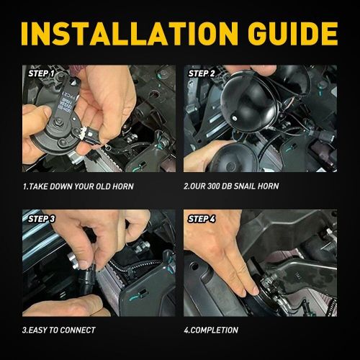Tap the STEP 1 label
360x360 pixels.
[x=41, y=73]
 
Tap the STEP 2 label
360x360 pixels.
[x=202, y=73]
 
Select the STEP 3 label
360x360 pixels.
[x=41, y=217]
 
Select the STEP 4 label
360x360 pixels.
[x=202, y=217]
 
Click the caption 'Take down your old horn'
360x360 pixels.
[x=77, y=186]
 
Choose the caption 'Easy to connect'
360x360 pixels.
[x=59, y=330]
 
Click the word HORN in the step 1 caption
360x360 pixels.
[x=121, y=186]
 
